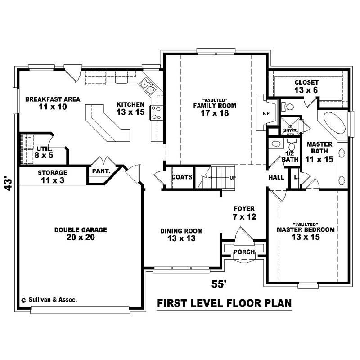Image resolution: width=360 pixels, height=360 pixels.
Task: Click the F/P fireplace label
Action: coord(265,113)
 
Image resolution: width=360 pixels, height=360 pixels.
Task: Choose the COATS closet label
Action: coord(182,177)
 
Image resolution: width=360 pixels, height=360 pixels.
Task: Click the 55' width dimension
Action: coord(219,283)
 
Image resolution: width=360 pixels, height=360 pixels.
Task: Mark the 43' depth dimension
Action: coord(8,184)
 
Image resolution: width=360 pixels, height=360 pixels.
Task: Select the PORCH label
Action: coord(244,252)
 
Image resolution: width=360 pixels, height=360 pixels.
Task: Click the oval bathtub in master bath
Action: coord(333,123)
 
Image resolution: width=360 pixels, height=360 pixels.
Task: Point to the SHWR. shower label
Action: coord(288,130)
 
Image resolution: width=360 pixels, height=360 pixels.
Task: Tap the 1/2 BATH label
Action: coord(290,156)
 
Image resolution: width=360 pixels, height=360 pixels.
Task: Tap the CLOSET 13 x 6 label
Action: coord(306,86)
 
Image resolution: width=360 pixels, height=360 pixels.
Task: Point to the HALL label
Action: coord(276,177)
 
